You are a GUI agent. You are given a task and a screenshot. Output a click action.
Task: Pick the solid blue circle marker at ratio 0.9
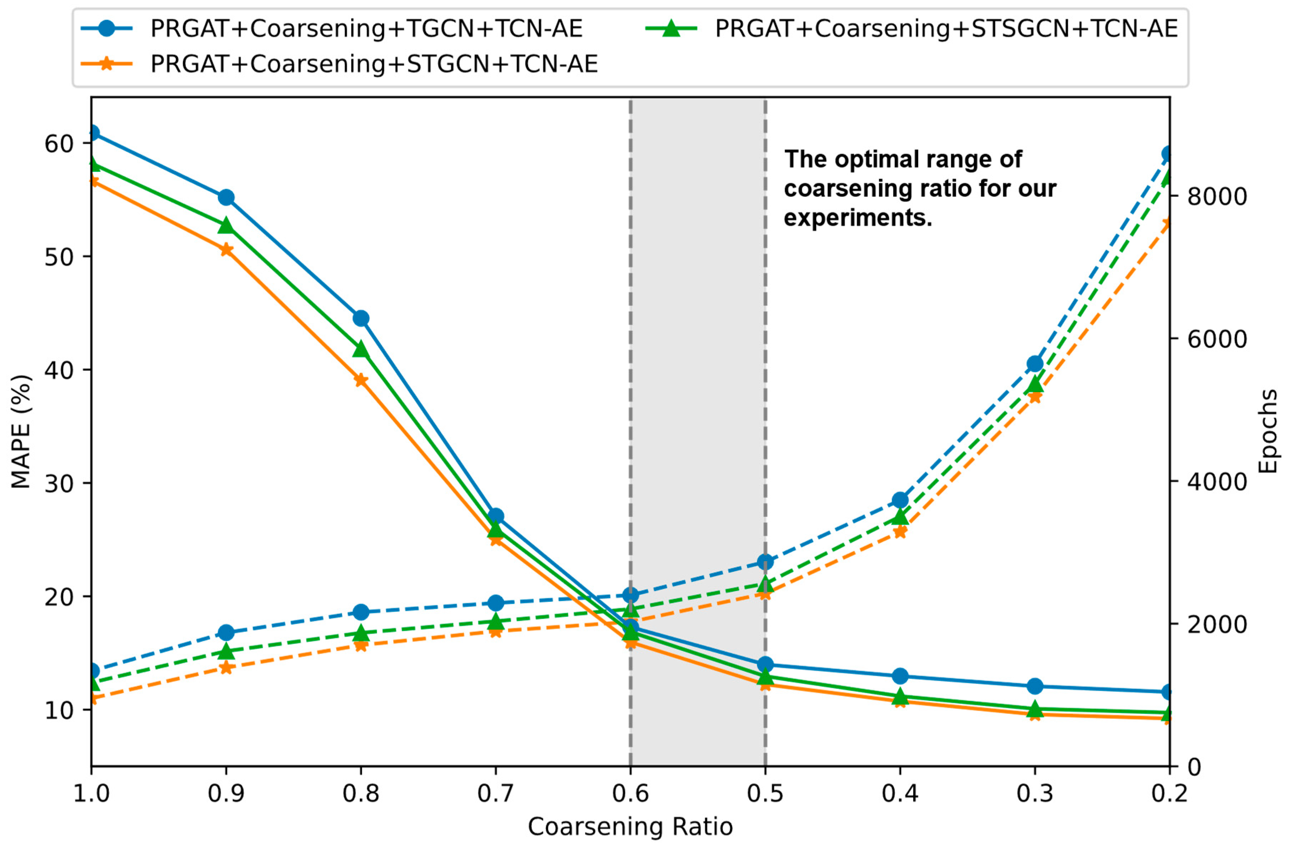(x=226, y=197)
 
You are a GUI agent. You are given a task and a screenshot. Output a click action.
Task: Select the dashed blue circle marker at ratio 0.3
(x=1035, y=363)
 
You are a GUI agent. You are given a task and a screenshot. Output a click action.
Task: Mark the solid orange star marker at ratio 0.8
(x=361, y=380)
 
